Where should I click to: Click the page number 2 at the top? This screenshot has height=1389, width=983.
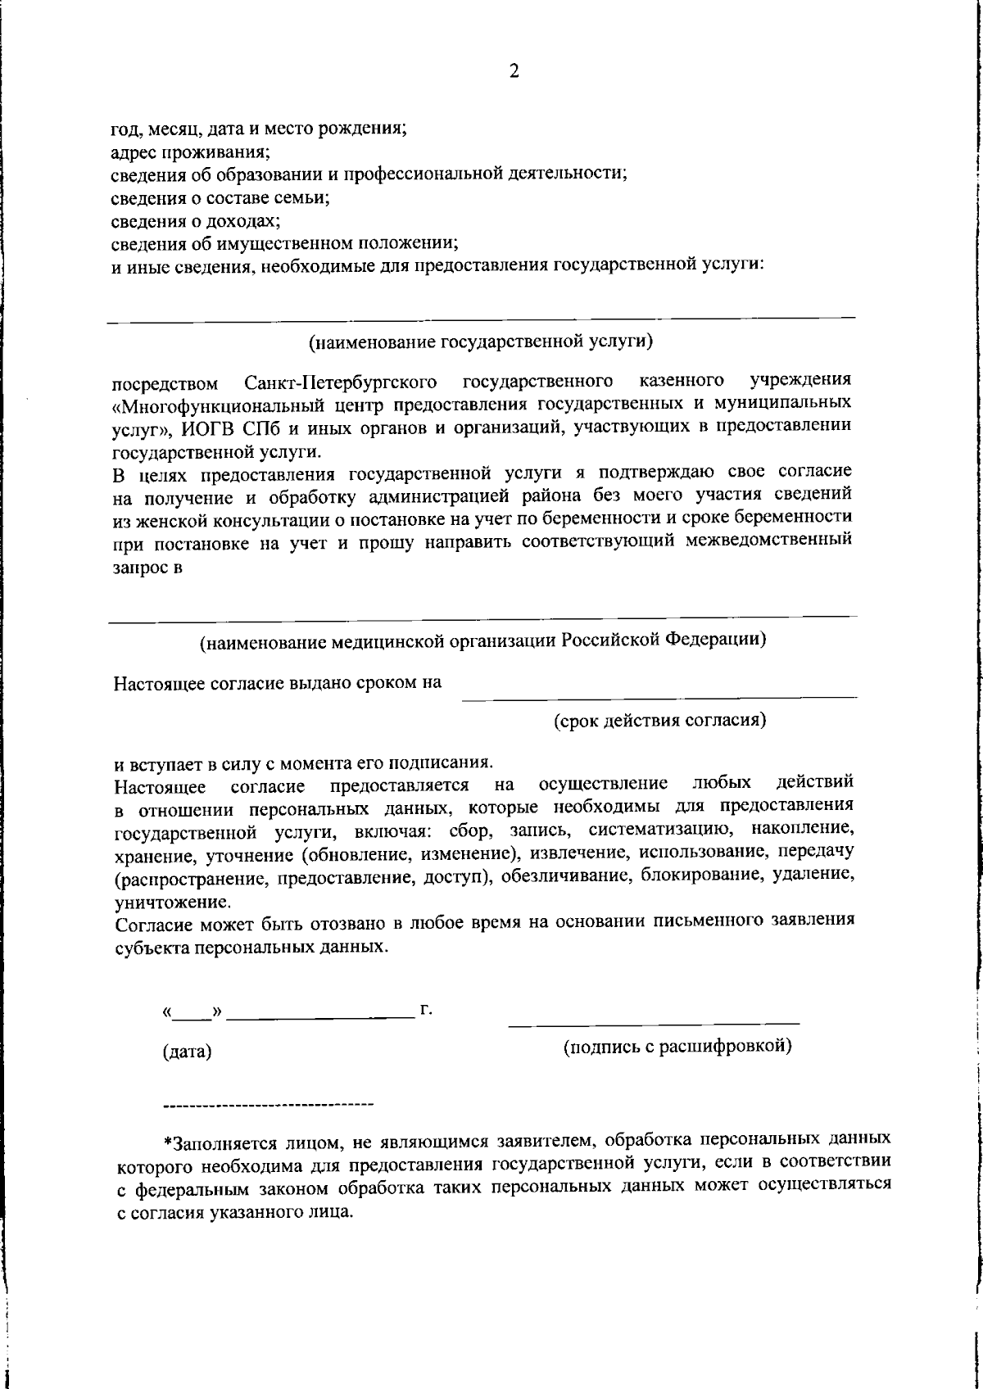[x=514, y=72]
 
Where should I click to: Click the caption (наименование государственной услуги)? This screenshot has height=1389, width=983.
[x=481, y=342]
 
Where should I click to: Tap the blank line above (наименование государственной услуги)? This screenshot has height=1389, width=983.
[x=481, y=318]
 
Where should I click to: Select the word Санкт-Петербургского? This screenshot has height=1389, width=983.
[x=340, y=382]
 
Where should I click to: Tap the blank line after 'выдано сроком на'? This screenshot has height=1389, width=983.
[x=659, y=698]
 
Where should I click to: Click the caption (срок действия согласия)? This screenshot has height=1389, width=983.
[x=659, y=721]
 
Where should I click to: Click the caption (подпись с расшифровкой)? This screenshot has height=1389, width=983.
[x=677, y=1046]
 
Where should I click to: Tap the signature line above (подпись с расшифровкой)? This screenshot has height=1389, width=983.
[x=654, y=1024]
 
